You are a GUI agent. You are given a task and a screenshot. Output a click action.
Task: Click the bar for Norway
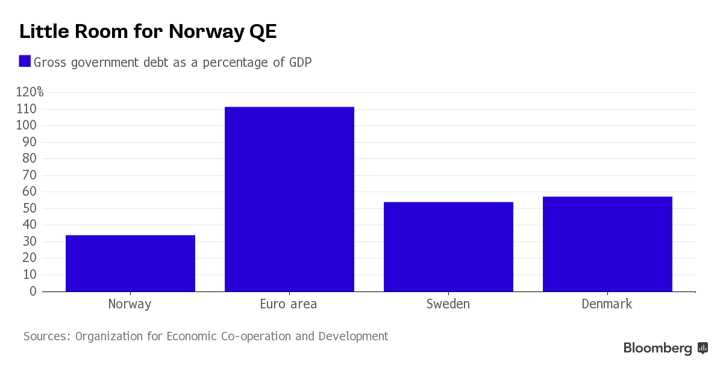coord(130,263)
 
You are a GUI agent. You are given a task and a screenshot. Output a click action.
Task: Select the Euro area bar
coord(289,199)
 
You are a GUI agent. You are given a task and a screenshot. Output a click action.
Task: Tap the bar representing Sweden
coord(448,247)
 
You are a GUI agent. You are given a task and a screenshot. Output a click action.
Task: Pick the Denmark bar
coord(607,244)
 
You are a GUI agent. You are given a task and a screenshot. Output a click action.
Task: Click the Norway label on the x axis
coord(130,304)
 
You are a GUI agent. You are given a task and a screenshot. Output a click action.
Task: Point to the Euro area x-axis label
coord(288,304)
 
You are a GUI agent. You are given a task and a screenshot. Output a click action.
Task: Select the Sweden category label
coord(448,304)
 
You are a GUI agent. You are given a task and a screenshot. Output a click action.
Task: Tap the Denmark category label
coord(607,304)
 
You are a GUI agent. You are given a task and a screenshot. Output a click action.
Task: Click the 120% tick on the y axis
coord(30,92)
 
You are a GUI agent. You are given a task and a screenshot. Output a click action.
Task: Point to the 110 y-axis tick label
coord(27,109)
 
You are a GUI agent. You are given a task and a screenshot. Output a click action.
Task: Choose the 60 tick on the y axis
coord(30,192)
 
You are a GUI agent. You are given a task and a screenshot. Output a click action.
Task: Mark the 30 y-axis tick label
coord(30,242)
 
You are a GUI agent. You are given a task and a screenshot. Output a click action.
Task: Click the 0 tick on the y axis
coord(33,291)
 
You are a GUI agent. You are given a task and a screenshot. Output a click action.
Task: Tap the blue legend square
coord(25,61)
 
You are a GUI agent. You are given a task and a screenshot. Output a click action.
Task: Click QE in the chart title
coord(263,31)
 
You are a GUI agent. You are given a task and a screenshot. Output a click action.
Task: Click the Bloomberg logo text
coord(657,348)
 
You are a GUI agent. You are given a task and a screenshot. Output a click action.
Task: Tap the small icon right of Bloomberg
coord(703,348)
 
